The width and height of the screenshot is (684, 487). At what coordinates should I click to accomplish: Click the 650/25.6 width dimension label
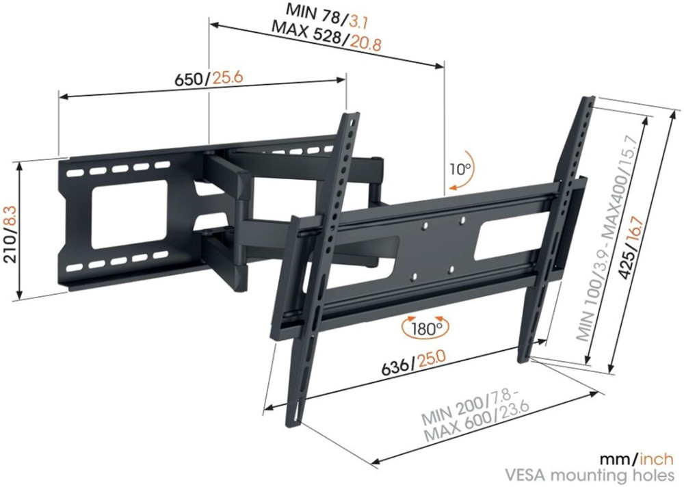209,79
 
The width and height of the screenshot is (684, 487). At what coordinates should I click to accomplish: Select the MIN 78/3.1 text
326,16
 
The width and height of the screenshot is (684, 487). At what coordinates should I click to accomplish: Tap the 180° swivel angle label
425,328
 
